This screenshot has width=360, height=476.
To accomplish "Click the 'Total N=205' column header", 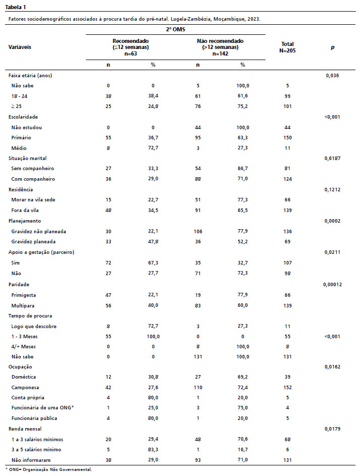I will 287,47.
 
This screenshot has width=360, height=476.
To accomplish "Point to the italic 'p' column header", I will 332,47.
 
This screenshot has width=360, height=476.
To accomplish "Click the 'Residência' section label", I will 21,189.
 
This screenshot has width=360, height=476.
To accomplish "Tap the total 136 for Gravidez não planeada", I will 287,231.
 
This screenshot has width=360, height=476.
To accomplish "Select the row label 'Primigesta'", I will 24,294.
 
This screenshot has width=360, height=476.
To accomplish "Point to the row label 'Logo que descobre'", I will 33,326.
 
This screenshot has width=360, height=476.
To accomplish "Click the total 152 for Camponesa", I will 287,387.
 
